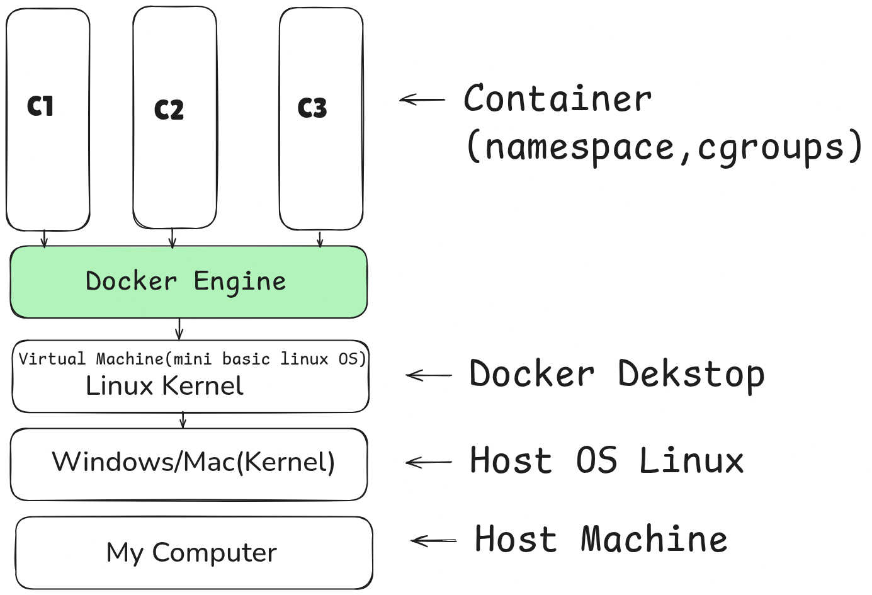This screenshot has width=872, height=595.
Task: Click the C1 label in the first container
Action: [40, 106]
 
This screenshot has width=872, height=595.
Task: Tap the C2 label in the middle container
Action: [169, 110]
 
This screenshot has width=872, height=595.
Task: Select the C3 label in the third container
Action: [312, 108]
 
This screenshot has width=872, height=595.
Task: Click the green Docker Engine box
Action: [188, 282]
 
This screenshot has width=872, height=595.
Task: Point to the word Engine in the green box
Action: [239, 281]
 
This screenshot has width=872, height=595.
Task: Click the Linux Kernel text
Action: [164, 386]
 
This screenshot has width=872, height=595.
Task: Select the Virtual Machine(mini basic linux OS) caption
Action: [192, 359]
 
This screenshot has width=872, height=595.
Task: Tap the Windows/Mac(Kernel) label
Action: [193, 462]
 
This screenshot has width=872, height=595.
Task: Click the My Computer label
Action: [191, 553]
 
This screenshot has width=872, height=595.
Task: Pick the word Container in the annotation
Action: [558, 99]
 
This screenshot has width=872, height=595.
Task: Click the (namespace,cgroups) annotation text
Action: [664, 147]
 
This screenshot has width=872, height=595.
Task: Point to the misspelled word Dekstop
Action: [691, 375]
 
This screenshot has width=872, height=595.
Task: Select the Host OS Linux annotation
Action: [606, 460]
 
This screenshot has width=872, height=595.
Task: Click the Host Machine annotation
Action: [601, 540]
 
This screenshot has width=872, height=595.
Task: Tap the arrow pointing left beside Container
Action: [422, 99]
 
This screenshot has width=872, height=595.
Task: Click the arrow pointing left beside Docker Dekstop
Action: [428, 375]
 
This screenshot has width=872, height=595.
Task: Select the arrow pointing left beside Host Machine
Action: [433, 540]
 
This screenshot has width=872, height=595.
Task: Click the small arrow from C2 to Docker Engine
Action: [172, 238]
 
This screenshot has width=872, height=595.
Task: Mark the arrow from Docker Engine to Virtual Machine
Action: [179, 329]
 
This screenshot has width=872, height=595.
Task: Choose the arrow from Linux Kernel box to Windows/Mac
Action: [183, 420]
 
